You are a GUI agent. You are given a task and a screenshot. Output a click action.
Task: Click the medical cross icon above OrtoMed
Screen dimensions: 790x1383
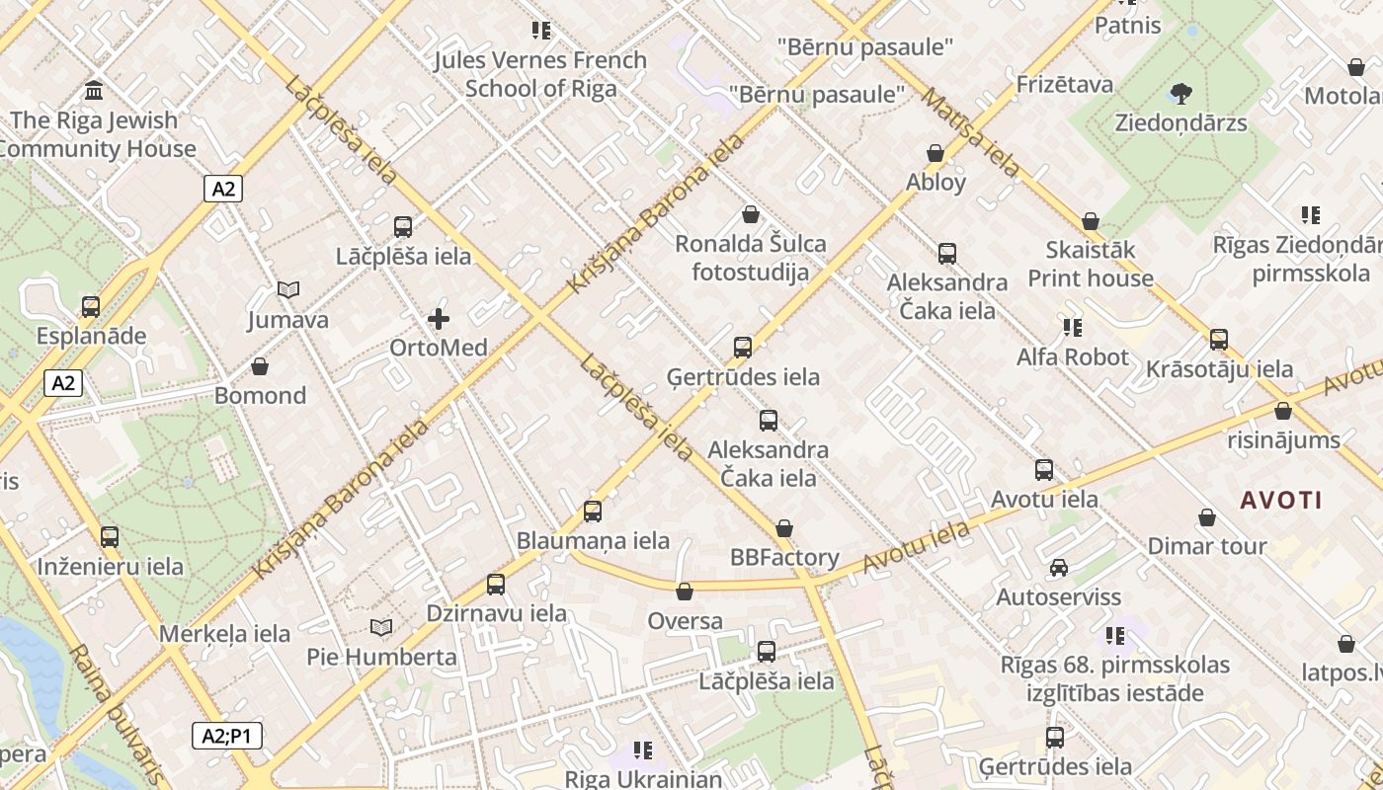tap(439, 319)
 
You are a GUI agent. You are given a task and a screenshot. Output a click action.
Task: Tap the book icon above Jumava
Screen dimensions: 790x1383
tap(287, 290)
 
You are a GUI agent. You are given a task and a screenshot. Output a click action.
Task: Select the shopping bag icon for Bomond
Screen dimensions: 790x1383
tap(260, 367)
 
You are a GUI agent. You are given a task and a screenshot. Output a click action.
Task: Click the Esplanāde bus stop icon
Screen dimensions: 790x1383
tap(91, 306)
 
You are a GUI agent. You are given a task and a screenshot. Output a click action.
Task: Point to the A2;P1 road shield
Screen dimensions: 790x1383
tap(226, 736)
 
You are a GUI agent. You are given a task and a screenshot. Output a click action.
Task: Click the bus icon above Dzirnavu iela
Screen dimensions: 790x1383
tap(496, 585)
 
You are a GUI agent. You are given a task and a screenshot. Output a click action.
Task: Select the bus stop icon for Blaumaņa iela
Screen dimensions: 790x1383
tap(593, 512)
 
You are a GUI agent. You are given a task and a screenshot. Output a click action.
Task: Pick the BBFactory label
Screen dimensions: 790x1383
tap(784, 557)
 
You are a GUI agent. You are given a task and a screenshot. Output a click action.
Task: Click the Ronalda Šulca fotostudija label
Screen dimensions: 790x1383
tap(751, 258)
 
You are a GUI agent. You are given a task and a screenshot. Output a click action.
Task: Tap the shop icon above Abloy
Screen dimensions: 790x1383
tap(936, 153)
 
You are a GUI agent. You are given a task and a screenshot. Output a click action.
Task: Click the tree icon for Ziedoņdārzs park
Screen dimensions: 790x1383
tap(1180, 94)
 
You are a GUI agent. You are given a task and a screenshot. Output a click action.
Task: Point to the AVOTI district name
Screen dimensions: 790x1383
tap(1281, 500)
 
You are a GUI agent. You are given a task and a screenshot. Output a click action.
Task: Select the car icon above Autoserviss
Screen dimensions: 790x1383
tap(1059, 568)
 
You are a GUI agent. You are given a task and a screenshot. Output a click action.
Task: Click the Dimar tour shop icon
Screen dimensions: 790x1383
tap(1206, 517)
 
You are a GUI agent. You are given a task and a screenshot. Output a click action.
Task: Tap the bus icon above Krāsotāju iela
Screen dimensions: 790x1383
tap(1219, 340)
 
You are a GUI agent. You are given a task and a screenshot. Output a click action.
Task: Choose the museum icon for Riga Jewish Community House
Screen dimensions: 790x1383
tap(95, 91)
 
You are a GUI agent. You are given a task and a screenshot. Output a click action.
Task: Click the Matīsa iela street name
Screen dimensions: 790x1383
tap(970, 132)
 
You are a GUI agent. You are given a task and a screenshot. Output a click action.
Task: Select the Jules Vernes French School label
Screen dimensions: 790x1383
tap(540, 74)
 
